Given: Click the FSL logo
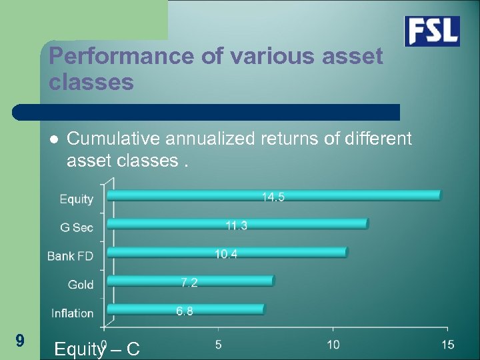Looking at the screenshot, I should [x=432, y=31].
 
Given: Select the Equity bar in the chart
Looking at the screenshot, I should [x=273, y=195].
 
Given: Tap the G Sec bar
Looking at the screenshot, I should [x=237, y=224].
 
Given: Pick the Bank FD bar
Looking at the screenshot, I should [x=227, y=252].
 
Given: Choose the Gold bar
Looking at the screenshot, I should [x=190, y=281].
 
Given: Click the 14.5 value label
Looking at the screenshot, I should [x=273, y=197].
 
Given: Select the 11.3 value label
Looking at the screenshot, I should [x=236, y=226].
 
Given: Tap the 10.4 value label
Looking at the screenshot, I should [x=226, y=254].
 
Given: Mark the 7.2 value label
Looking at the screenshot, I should [x=189, y=283].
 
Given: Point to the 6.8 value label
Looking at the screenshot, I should [x=185, y=311].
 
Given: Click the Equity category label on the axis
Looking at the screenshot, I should [x=77, y=199].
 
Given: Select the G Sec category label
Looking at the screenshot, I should [x=77, y=227].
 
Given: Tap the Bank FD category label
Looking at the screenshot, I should [x=71, y=256].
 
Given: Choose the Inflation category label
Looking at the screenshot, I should [x=73, y=313].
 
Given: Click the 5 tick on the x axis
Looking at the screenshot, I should [x=219, y=344].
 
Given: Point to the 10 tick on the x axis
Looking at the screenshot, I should [x=333, y=344].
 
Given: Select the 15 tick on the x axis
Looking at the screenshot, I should [x=447, y=344].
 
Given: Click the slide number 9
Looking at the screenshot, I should [x=20, y=341].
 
